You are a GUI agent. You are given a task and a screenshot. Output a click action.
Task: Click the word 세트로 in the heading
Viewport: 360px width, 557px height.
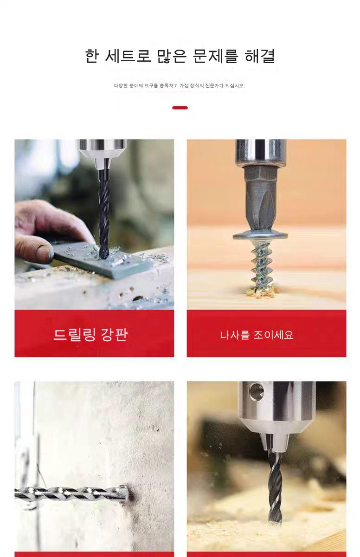click(x=128, y=56)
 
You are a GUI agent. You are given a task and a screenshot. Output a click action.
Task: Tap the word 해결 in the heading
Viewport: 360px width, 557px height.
click(x=260, y=56)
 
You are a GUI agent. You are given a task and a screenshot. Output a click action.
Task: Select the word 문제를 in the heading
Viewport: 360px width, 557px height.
click(x=215, y=56)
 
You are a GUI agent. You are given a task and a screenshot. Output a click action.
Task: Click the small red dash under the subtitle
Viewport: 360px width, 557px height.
click(x=180, y=108)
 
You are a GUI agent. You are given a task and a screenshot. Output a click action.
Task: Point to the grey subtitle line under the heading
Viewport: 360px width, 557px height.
click(x=179, y=85)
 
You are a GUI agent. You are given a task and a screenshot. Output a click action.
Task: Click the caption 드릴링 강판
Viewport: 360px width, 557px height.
click(x=90, y=334)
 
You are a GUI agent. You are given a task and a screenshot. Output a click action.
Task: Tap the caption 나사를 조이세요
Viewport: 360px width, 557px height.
click(x=257, y=335)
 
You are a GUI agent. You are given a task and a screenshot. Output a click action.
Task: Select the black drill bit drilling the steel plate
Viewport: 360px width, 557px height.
click(x=104, y=214)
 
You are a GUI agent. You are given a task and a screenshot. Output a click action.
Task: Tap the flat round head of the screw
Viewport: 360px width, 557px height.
click(x=260, y=235)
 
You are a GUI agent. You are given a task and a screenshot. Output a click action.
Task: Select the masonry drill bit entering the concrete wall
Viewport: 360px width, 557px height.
click(x=71, y=492)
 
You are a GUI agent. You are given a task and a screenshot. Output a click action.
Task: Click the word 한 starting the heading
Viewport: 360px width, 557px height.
click(x=92, y=56)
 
